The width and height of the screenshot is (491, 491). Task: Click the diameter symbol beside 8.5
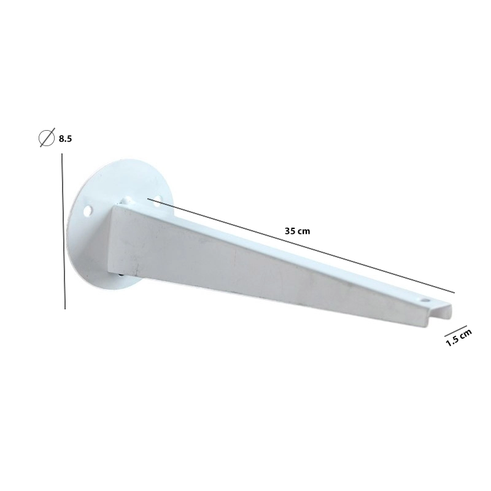pos(47,137)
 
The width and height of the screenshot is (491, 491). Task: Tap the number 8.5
pos(66,139)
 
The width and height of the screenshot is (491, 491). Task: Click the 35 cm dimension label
pos(297,231)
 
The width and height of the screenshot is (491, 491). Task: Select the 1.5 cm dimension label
pos(458,338)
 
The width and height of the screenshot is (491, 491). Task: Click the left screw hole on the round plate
pos(88,209)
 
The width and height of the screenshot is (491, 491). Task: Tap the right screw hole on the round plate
pos(157,201)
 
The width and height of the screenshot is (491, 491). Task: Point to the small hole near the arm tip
pos(425,300)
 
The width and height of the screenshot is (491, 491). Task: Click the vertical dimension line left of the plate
pos(64,231)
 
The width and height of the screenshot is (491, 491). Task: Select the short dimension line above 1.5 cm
pos(455,331)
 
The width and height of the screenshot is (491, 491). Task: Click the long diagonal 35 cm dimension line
pos(301,246)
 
